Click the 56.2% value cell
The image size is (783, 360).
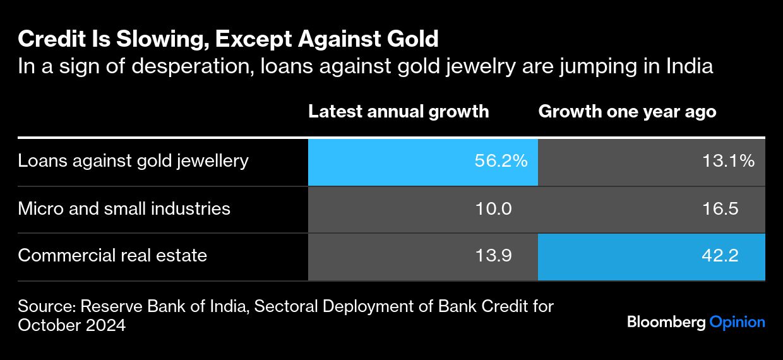click(500, 161)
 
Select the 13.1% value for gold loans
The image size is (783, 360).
click(728, 161)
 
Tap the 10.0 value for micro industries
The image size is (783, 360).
click(493, 208)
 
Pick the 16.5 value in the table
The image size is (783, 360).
click(720, 208)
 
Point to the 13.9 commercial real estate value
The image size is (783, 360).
click(493, 256)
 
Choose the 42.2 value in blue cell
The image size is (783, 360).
click(720, 256)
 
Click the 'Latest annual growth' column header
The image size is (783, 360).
click(398, 112)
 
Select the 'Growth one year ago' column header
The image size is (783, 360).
click(627, 112)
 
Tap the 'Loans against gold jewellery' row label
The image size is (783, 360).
click(133, 161)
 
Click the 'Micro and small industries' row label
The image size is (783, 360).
click(124, 208)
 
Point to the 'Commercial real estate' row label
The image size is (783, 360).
click(112, 256)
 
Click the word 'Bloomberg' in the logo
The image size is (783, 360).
click(666, 322)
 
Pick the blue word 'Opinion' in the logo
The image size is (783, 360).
click(738, 322)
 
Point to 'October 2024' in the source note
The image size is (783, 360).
click(72, 326)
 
